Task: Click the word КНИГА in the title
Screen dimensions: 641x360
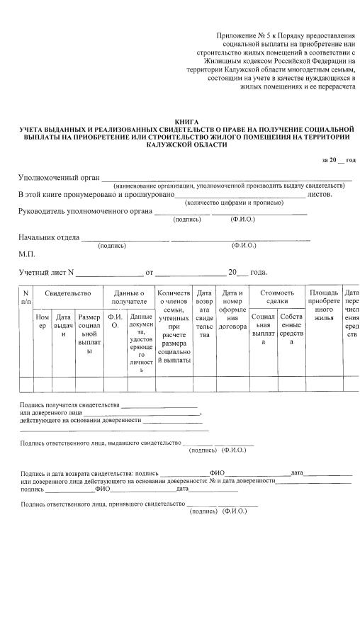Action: pos(186,122)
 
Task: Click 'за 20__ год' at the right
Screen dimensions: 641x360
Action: pos(338,161)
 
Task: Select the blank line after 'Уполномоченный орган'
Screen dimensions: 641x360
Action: pos(226,178)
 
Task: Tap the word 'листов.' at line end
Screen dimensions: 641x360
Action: pos(320,194)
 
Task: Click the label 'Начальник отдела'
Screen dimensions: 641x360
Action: pos(48,238)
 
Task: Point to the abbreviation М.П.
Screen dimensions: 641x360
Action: pos(26,254)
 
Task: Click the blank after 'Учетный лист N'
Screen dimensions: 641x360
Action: pos(109,273)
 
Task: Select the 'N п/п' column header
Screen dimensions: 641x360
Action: pos(26,297)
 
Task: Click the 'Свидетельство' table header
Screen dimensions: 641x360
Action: pos(68,293)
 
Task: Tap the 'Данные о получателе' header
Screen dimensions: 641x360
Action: pos(128,297)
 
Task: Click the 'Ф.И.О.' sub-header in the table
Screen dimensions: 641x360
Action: pos(115,322)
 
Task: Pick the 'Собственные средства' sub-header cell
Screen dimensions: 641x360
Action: pos(291,329)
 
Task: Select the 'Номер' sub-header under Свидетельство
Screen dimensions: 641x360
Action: pos(43,322)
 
